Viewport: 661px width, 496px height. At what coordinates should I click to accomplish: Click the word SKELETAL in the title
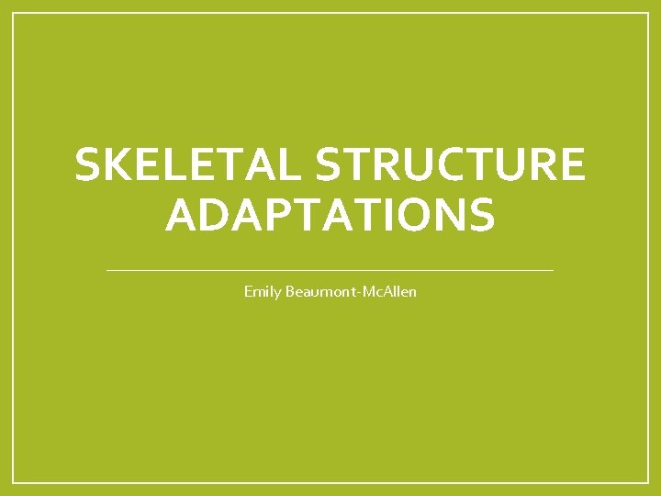[188, 166]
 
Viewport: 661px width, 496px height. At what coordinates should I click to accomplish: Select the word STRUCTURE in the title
[450, 166]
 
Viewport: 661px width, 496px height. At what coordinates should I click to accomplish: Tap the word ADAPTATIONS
[330, 215]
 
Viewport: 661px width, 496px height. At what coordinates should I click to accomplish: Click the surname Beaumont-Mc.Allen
[350, 292]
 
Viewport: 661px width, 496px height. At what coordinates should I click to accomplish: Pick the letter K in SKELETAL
[113, 166]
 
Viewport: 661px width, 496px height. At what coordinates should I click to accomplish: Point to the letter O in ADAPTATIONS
[406, 215]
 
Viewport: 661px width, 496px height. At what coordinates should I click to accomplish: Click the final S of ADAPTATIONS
[481, 215]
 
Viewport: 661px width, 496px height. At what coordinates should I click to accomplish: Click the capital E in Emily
[248, 292]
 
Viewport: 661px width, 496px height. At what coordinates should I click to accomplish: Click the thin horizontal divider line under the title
[330, 270]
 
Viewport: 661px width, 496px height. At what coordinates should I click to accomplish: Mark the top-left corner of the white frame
[14, 14]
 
